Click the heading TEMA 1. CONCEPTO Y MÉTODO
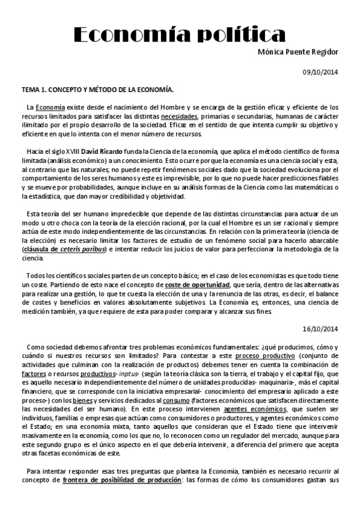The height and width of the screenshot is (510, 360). click(97, 90)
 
